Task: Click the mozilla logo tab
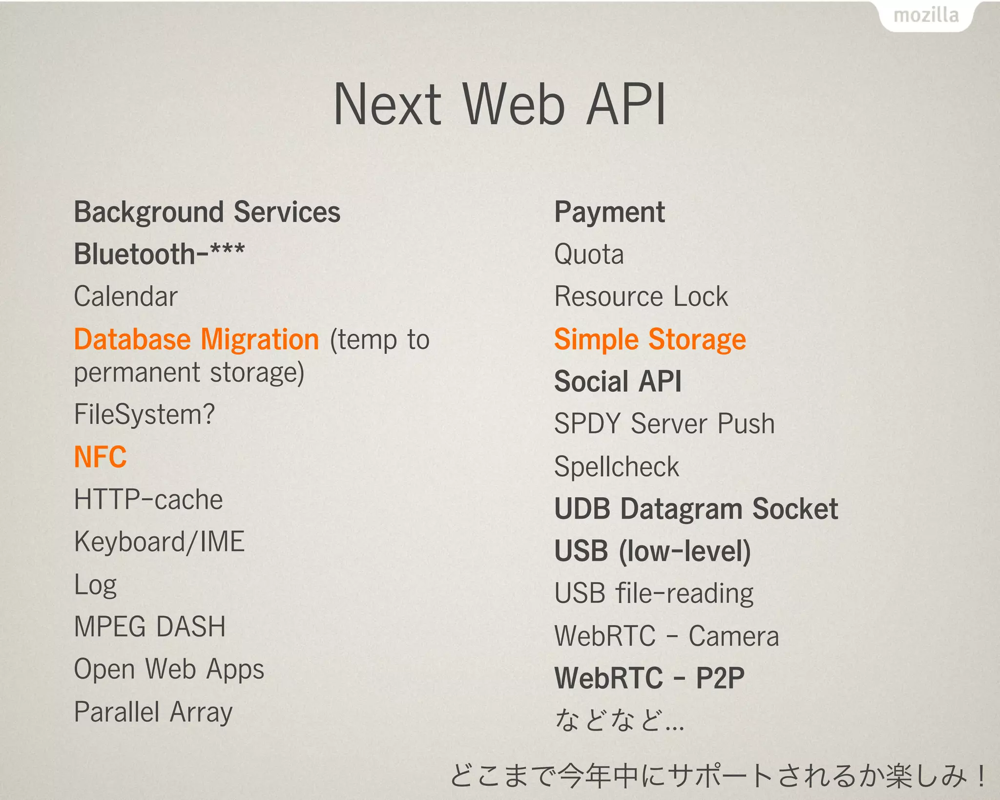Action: pos(926,16)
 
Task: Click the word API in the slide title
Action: pos(626,104)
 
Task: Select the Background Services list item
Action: pos(207,212)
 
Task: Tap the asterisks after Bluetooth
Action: pos(227,250)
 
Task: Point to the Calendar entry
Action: pos(125,297)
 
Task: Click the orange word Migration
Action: pos(260,339)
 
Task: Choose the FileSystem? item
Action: pos(144,415)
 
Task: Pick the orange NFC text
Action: pos(100,457)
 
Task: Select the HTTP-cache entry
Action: pos(148,500)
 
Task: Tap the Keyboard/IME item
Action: pos(159,542)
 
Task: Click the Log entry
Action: pos(95,585)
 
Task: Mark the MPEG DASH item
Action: pos(150,627)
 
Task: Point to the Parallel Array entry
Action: pos(153,712)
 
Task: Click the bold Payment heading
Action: pos(609,212)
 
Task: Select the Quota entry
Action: pos(589,254)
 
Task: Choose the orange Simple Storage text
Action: pos(650,339)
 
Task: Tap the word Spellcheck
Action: pos(616,467)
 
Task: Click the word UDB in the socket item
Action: pos(582,509)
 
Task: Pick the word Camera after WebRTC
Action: pos(733,636)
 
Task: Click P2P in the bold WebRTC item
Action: pos(720,678)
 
